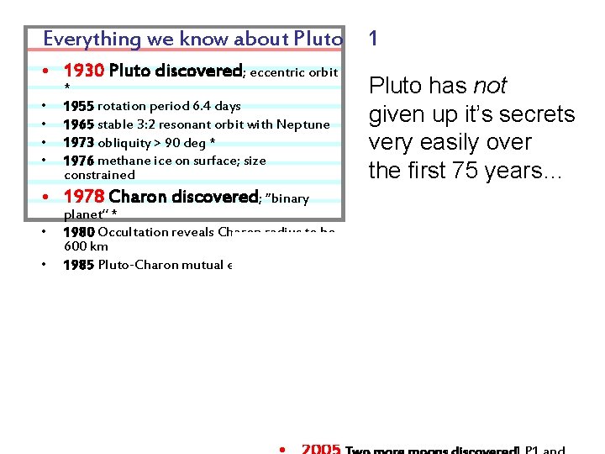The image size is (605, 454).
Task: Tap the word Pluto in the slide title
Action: [318, 39]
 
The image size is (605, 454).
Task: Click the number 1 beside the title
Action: [373, 38]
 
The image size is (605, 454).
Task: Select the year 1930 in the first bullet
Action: [83, 71]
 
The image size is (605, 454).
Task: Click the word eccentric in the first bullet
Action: [278, 72]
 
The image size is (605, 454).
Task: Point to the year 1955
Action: [78, 106]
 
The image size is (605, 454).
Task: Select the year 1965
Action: [78, 124]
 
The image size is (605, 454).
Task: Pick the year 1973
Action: [78, 143]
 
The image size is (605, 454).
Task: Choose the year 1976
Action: [78, 161]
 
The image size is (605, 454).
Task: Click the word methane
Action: [121, 161]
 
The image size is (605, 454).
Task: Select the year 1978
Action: [83, 198]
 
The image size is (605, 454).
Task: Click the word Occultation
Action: [131, 232]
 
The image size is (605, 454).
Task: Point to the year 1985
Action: [78, 265]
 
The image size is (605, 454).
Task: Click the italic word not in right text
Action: [490, 86]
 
